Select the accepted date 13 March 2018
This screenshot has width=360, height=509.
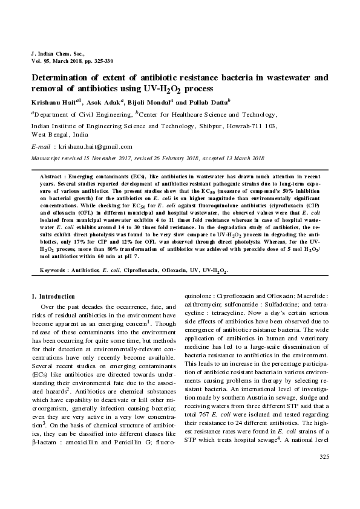pos(238,158)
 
